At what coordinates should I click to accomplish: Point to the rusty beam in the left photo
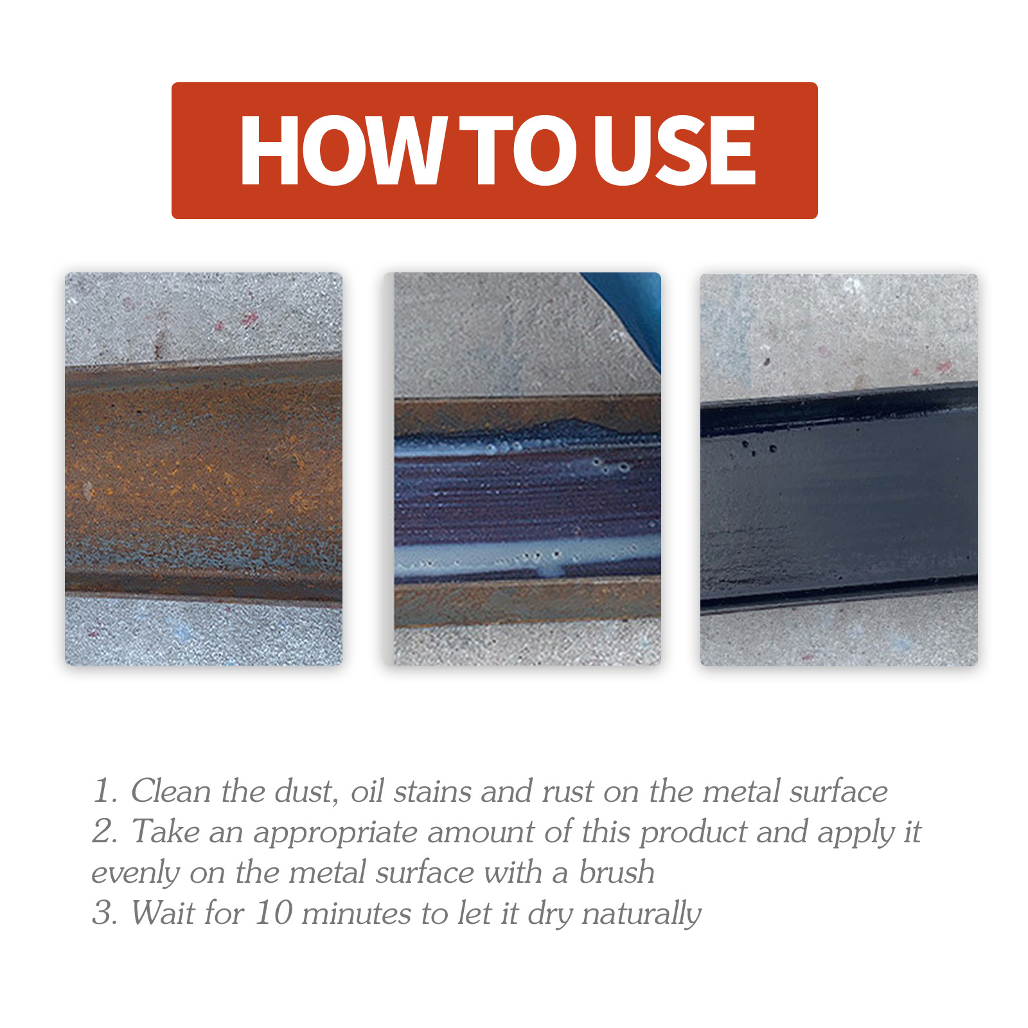(x=203, y=479)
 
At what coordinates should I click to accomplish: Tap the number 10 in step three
(x=274, y=913)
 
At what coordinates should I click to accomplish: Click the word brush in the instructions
(x=617, y=873)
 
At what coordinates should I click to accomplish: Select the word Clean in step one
(x=171, y=791)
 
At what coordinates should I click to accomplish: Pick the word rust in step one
(x=567, y=791)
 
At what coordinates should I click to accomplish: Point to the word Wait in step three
(x=160, y=913)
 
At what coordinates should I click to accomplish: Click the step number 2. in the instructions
(x=105, y=832)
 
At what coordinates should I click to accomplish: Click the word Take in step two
(x=166, y=831)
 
